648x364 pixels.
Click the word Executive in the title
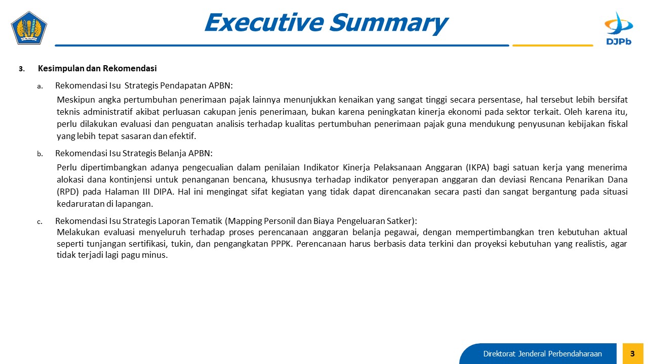tap(264, 22)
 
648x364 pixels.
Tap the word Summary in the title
tap(389, 24)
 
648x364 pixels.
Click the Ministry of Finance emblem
tap(29, 28)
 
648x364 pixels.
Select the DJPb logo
tap(619, 28)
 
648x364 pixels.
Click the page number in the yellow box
tap(632, 353)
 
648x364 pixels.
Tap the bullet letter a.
tap(40, 86)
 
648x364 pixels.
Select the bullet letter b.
tap(40, 154)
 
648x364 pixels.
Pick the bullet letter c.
tap(39, 222)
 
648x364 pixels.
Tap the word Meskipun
tap(76, 100)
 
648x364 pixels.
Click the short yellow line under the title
tap(552, 45)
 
